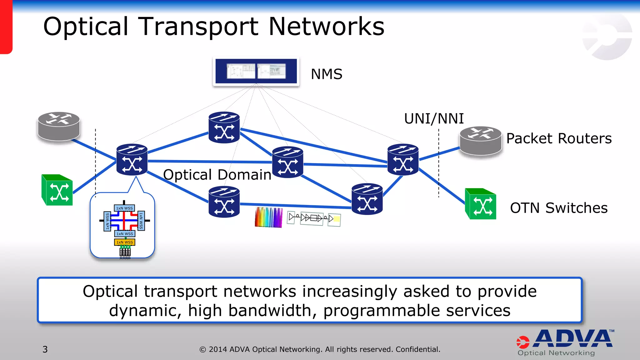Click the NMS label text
click(327, 74)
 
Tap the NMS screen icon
click(256, 71)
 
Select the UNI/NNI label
click(434, 119)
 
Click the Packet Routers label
click(559, 138)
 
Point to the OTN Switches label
click(559, 208)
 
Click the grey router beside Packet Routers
click(481, 140)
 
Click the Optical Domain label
click(217, 175)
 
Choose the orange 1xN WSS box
click(125, 242)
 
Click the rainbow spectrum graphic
click(268, 217)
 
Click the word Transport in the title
click(198, 27)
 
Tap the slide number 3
click(45, 349)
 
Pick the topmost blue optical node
click(224, 127)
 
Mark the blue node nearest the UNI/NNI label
click(403, 159)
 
